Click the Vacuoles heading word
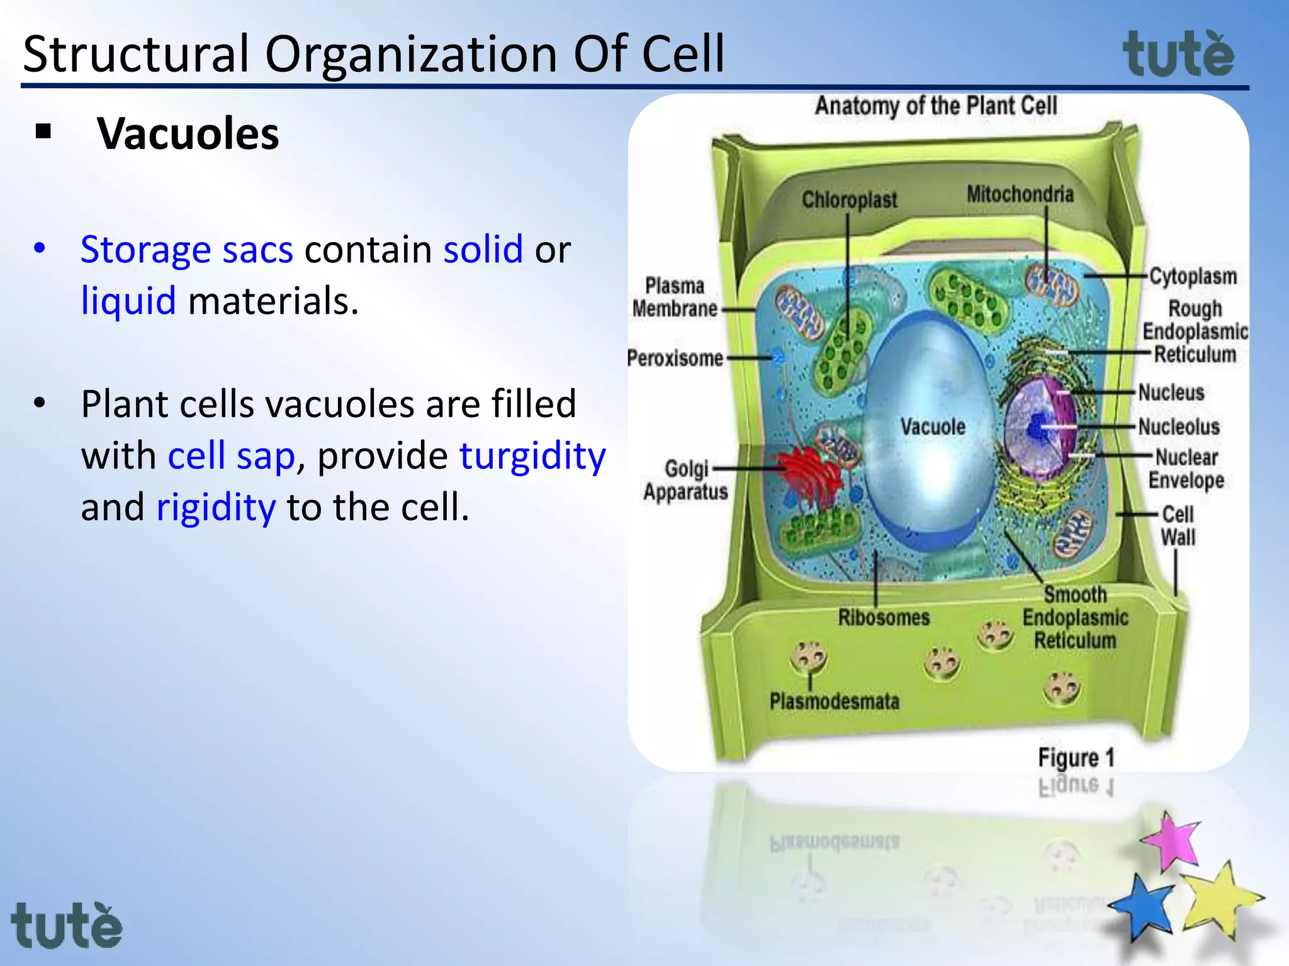click(188, 134)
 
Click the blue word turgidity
click(532, 455)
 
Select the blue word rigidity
click(216, 507)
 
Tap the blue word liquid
click(128, 301)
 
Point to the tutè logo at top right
click(1178, 55)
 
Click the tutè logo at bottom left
click(66, 925)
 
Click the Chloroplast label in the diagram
click(849, 200)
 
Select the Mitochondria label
click(1020, 194)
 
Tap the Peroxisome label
click(675, 358)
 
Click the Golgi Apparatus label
click(685, 480)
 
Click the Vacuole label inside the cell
click(932, 427)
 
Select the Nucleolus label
click(1179, 427)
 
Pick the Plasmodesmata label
click(834, 701)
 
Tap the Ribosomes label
click(883, 618)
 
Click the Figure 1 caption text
click(1076, 758)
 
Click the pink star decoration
click(1172, 841)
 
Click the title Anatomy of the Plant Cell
click(936, 106)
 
